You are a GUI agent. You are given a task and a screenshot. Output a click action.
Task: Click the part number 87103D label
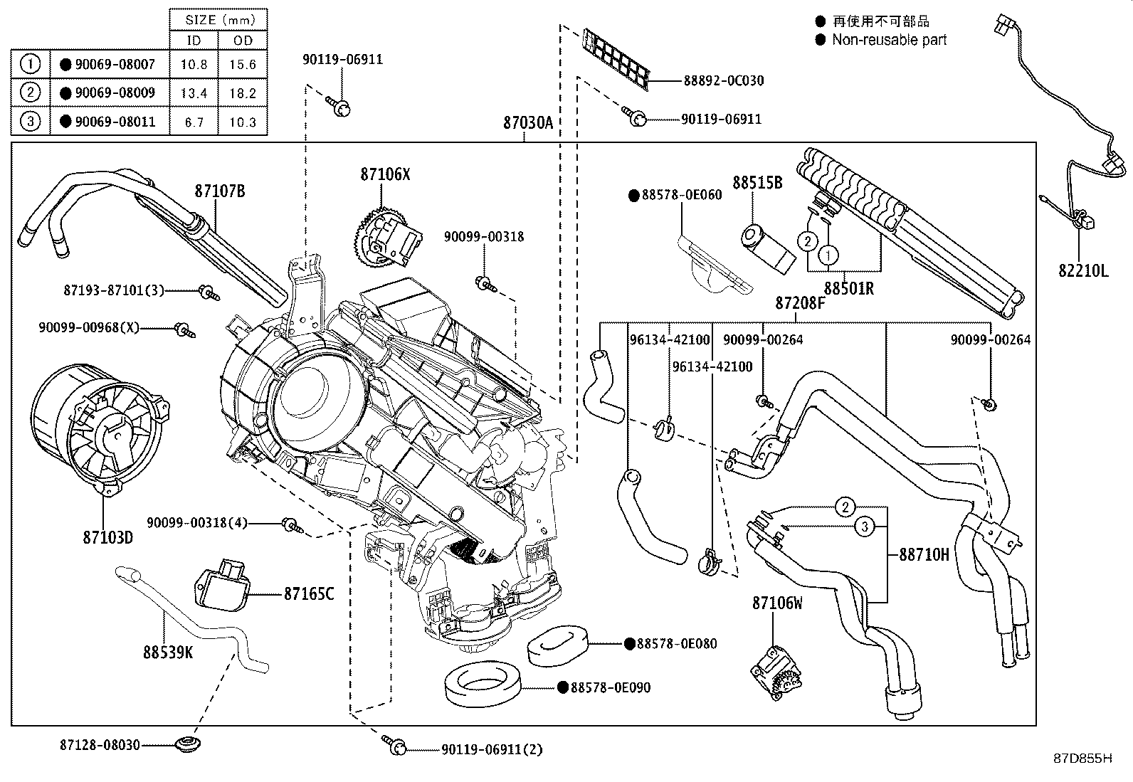pos(107,537)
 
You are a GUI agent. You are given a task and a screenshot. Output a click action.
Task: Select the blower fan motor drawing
pos(100,428)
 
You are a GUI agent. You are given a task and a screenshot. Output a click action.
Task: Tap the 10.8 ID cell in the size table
pos(194,64)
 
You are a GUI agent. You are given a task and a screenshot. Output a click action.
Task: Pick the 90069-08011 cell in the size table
pos(110,122)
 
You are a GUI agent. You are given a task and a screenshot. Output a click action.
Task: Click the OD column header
pos(243,41)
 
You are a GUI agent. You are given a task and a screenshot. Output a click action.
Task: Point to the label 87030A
pos(528,123)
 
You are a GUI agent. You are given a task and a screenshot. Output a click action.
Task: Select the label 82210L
pos(1083,271)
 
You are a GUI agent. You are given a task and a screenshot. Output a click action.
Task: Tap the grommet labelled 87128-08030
pos(188,744)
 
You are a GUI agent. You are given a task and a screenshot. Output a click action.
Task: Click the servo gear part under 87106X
pos(387,236)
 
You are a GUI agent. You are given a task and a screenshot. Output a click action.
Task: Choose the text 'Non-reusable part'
pos(889,40)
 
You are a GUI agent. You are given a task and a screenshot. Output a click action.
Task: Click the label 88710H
pos(924,555)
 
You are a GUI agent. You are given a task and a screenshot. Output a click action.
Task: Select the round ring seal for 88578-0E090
pos(483,684)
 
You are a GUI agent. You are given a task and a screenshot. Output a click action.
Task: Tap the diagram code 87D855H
pos(1083,759)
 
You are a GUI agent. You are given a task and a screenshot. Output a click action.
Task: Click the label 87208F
pos(800,303)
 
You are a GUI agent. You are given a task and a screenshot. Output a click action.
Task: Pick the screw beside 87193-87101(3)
pos(209,292)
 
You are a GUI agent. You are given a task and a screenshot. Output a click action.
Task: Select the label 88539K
pos(168,652)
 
